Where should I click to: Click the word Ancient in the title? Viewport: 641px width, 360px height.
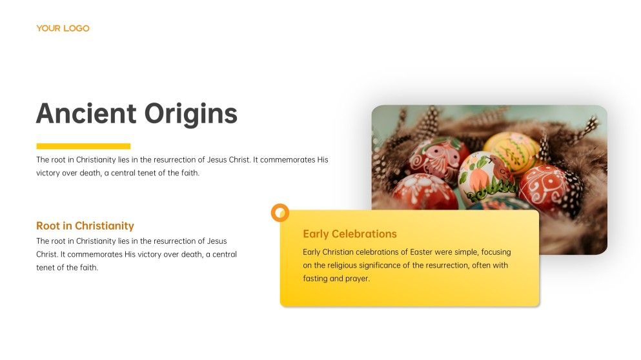[x=85, y=114]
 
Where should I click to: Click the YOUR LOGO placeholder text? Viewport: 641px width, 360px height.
[x=63, y=28]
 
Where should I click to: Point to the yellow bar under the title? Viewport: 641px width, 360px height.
[x=83, y=146]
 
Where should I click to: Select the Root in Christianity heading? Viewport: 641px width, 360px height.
[x=85, y=226]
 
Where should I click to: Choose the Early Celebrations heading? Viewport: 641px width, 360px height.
[x=350, y=234]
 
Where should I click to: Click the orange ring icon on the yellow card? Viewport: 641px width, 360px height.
[x=280, y=212]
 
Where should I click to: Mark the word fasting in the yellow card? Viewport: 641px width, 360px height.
[x=316, y=279]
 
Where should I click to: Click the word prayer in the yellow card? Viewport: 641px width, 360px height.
[x=358, y=279]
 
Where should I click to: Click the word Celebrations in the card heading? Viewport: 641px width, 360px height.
[x=364, y=234]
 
